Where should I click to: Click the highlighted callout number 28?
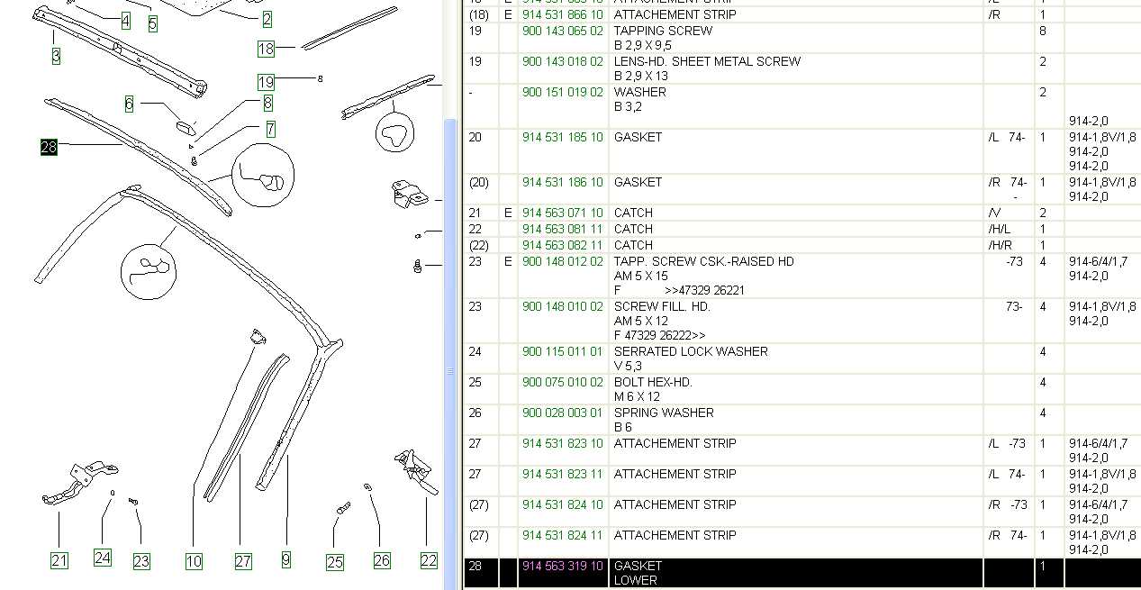(49, 147)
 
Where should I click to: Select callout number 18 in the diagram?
(266, 49)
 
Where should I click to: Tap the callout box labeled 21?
(59, 561)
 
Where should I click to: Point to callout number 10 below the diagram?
(194, 561)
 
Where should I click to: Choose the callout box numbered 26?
(382, 561)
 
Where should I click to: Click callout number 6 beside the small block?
(130, 104)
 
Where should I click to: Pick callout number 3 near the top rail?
(56, 56)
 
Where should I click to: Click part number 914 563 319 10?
(562, 566)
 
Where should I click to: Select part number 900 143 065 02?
(562, 32)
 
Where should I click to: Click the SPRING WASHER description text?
(664, 413)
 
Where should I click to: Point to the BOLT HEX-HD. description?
(653, 382)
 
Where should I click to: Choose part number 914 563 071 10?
(562, 213)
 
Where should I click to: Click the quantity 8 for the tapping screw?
(1043, 32)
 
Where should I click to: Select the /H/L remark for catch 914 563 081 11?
(999, 229)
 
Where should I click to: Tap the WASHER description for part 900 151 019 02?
(639, 92)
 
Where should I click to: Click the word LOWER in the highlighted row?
(635, 580)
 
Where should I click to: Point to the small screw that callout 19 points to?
(320, 78)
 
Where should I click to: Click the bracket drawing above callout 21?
(80, 483)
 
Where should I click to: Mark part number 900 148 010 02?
(562, 306)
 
